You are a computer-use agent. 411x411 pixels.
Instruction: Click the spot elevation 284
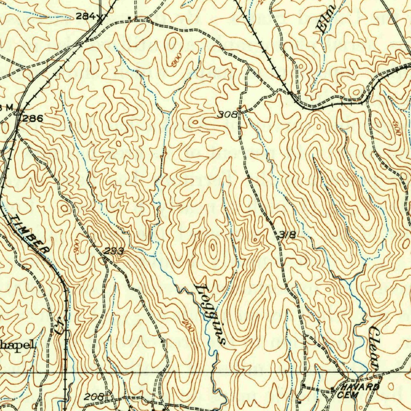[85, 16]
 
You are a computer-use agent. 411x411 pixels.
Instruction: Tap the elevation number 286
[33, 118]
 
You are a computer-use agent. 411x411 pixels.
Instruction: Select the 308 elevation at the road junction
[227, 115]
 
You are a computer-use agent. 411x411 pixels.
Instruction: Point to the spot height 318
[287, 235]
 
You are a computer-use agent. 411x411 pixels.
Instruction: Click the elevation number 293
[114, 251]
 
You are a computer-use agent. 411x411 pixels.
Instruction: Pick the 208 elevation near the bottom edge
[94, 397]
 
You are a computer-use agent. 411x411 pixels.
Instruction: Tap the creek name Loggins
[210, 314]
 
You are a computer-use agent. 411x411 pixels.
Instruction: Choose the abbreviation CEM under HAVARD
[345, 395]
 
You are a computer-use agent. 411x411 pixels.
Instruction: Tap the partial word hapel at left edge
[17, 345]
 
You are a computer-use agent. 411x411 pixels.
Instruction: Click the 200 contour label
[187, 326]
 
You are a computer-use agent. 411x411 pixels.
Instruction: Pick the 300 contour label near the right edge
[397, 128]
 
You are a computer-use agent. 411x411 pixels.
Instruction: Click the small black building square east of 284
[129, 17]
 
